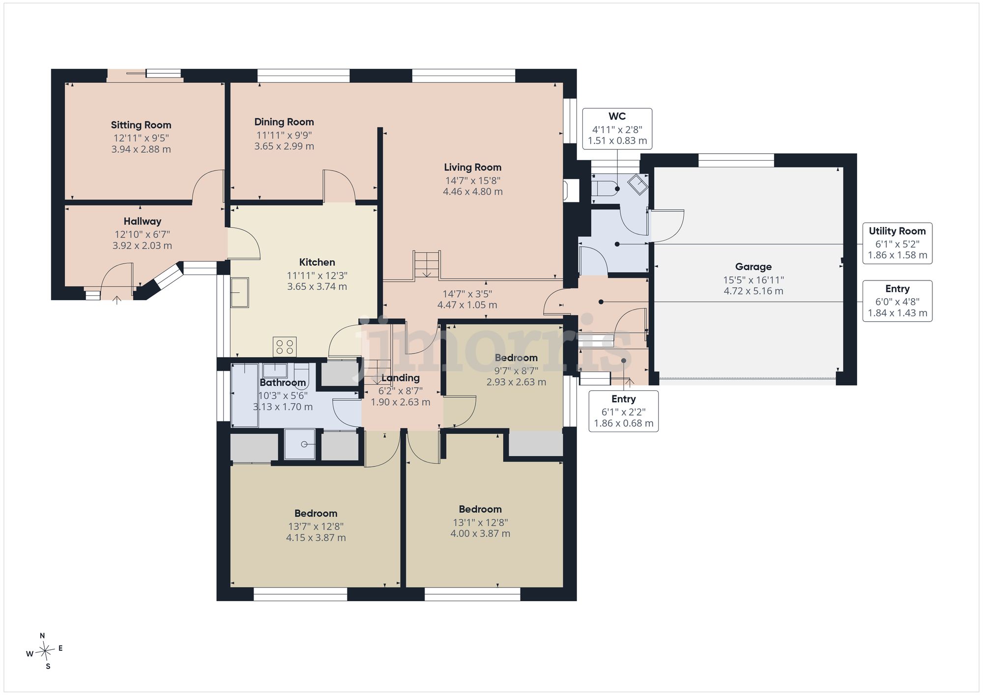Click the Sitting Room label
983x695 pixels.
click(x=141, y=125)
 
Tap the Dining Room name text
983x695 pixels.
click(x=284, y=122)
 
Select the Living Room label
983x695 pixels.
click(x=473, y=167)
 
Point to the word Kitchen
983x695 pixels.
click(x=317, y=262)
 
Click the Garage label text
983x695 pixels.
click(x=753, y=267)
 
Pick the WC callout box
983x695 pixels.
click(x=617, y=129)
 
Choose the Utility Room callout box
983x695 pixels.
click(x=897, y=243)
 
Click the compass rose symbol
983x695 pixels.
click(x=45, y=651)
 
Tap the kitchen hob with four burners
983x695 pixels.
click(x=285, y=346)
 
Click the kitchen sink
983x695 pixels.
click(x=240, y=293)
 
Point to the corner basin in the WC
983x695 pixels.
click(x=638, y=185)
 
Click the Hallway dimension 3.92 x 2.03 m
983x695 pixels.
click(x=142, y=246)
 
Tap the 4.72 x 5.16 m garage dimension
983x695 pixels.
click(x=753, y=291)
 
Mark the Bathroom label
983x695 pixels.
click(x=283, y=383)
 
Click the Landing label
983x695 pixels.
click(x=401, y=378)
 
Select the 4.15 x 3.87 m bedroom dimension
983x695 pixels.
click(x=316, y=538)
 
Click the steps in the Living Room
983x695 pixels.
click(x=427, y=265)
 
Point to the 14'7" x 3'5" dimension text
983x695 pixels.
click(x=467, y=294)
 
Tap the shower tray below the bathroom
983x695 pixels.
click(x=300, y=445)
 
